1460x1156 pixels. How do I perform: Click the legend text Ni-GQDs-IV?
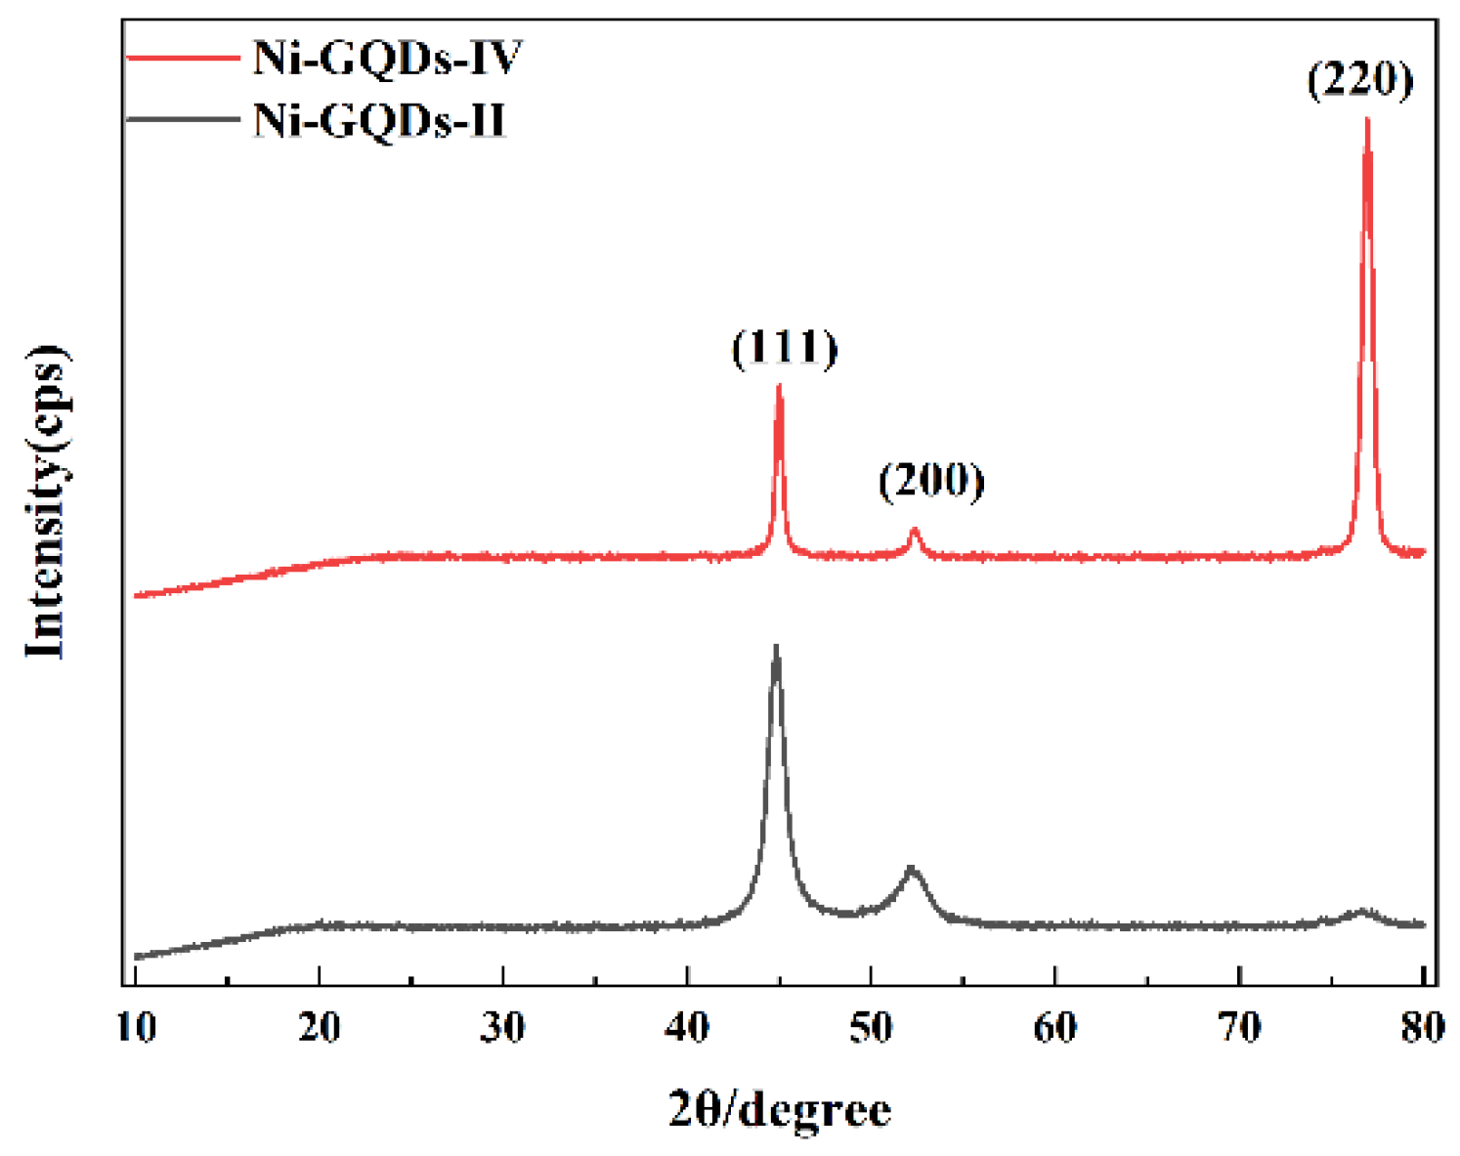388,59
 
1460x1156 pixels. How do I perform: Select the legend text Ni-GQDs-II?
380,121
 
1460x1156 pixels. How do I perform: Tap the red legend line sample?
185,60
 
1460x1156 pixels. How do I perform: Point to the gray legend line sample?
185,121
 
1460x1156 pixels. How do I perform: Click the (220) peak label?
1360,79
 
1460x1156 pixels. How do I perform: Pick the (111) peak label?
785,348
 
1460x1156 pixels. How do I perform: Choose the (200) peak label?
931,480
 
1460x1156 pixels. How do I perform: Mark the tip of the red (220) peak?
1367,120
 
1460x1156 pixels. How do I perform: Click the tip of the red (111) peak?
779,386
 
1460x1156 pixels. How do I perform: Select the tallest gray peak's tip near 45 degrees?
776,647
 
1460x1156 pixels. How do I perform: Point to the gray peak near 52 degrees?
911,868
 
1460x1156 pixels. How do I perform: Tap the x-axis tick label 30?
503,1027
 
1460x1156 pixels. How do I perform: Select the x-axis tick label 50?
871,1027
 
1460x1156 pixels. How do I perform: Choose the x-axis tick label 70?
1239,1027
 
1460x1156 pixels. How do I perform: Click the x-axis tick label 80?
1422,1027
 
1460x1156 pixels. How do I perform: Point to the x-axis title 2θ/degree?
780,1110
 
